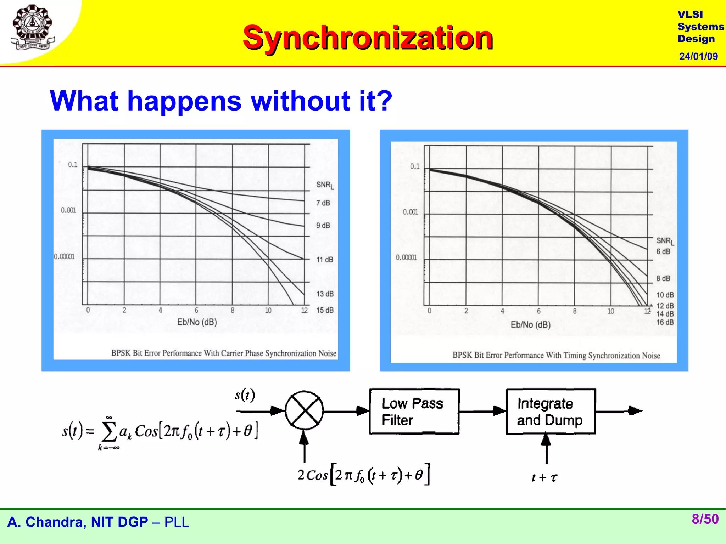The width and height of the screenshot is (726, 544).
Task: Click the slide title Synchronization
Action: [x=368, y=38]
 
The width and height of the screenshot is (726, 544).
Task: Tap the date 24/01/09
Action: [x=698, y=56]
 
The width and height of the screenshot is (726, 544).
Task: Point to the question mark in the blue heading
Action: [x=384, y=101]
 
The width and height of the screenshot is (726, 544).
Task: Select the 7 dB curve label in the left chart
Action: [x=323, y=203]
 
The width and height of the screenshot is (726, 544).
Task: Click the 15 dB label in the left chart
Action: [x=325, y=310]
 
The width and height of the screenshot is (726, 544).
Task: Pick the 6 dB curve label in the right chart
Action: [x=663, y=251]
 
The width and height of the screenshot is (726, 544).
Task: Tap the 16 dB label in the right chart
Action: [x=665, y=322]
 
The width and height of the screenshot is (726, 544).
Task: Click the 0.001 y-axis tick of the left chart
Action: [x=68, y=210]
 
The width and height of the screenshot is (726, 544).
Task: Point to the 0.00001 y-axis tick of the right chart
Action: [x=406, y=257]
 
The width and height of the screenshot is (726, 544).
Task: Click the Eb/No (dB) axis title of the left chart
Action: [x=197, y=322]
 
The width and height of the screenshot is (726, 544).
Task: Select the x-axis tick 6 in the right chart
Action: [x=538, y=311]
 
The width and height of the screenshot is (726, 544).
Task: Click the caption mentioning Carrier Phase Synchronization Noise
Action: [x=224, y=353]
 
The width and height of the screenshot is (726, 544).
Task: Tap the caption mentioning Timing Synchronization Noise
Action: [x=556, y=355]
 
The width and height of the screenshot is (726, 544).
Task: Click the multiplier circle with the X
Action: [x=304, y=411]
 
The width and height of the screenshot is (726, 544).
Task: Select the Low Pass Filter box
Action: [x=414, y=412]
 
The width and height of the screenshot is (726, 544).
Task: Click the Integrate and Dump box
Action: [x=550, y=412]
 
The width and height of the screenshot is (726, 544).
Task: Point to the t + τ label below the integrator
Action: [x=544, y=478]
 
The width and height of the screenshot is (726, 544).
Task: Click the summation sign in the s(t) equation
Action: [x=109, y=432]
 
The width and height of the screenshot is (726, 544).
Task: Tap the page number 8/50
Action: [x=705, y=519]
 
